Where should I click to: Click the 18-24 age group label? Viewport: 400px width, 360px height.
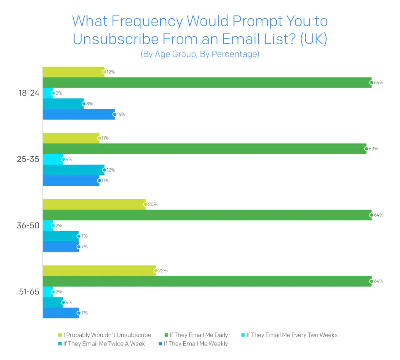click(28, 93)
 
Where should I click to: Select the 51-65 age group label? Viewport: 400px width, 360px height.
click(28, 292)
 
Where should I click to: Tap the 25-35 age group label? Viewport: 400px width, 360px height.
click(28, 159)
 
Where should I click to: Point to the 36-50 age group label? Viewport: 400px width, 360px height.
click(28, 225)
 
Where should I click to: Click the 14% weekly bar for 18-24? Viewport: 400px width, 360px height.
click(78, 114)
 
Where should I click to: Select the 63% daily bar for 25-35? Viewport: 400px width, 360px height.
click(204, 149)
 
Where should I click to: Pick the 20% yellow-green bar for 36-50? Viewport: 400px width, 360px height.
click(94, 204)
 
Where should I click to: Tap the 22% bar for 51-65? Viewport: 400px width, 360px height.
click(99, 270)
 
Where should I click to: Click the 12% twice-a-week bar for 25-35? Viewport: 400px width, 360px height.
click(73, 170)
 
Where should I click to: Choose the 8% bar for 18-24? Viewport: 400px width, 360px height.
click(63, 103)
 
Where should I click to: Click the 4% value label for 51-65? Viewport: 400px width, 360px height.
click(69, 302)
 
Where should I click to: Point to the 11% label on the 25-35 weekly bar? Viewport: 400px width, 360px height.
click(105, 180)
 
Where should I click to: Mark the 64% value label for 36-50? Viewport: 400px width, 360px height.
click(378, 215)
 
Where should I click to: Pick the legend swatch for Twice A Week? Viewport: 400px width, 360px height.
click(60, 344)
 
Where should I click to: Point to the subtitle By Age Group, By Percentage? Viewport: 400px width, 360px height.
click(200, 55)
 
